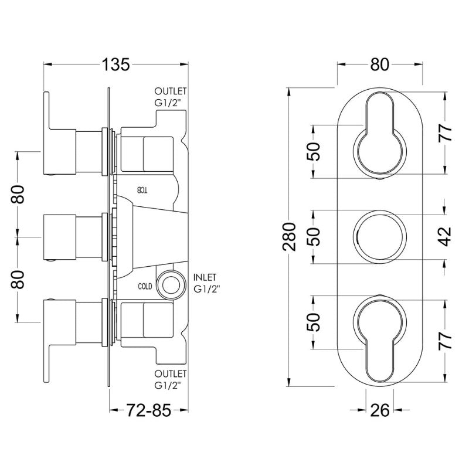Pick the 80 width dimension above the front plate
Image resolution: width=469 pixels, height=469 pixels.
pos(380,65)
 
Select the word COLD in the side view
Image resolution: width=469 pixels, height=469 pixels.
pos(146,287)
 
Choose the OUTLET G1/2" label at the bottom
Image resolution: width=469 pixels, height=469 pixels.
pos(171,379)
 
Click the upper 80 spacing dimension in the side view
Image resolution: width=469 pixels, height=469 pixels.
pos(19,193)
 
